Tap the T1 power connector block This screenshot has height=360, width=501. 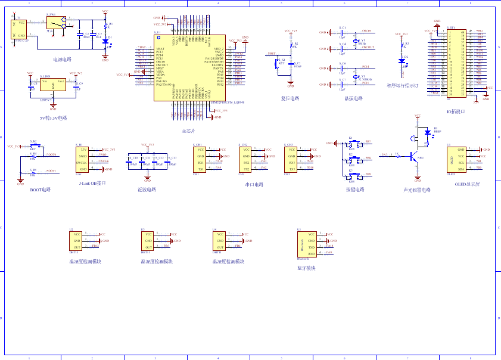[18, 29]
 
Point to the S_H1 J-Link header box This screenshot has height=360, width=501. [83, 159]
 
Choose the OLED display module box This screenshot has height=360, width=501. [458, 160]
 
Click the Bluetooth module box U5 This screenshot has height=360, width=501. [307, 244]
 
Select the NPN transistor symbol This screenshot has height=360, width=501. [412, 157]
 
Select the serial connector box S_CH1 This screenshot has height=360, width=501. [201, 159]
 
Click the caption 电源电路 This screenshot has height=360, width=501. [62, 60]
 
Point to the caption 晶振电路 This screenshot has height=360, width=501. [353, 98]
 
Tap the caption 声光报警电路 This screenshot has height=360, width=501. [416, 190]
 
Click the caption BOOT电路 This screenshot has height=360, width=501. [41, 190]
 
